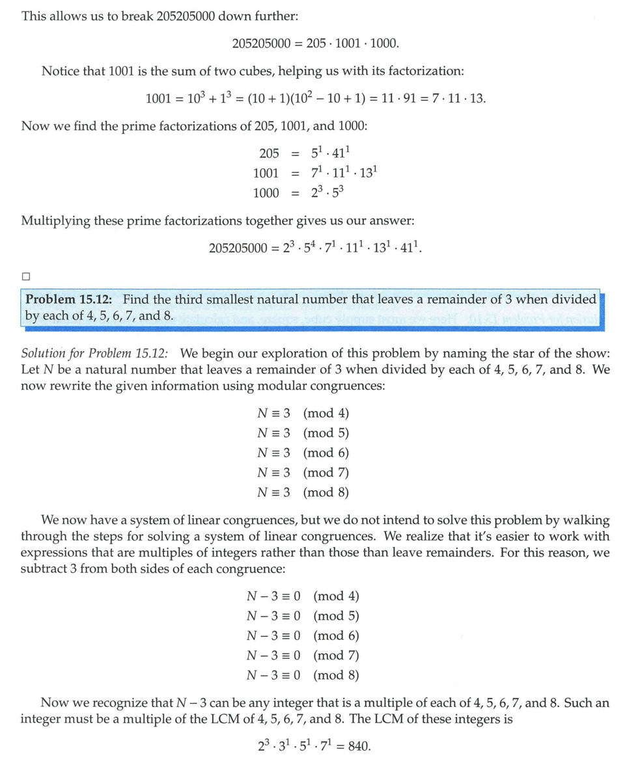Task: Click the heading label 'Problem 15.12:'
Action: [x=70, y=300]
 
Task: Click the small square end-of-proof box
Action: [x=26, y=276]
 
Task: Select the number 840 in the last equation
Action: [x=359, y=746]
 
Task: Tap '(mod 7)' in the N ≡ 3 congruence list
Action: [x=326, y=473]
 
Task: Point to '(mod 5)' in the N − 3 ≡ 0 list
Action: [x=336, y=616]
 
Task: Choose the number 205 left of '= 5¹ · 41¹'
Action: [x=269, y=153]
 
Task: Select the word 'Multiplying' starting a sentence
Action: [x=57, y=220]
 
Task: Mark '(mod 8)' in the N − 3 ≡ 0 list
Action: [x=336, y=675]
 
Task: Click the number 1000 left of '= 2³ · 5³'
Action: [x=266, y=193]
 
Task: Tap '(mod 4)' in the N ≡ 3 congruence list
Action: [x=326, y=414]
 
